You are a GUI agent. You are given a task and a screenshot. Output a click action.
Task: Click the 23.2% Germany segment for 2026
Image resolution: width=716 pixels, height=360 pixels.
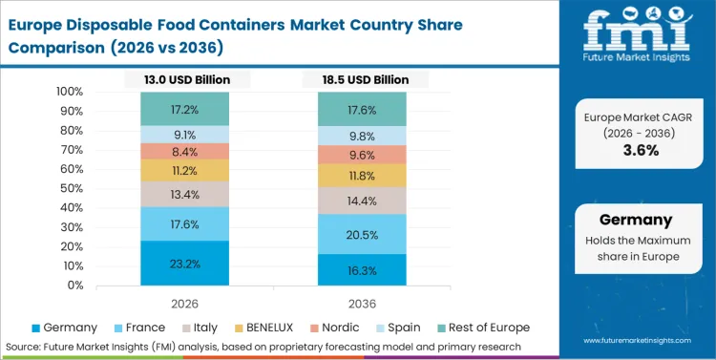185,262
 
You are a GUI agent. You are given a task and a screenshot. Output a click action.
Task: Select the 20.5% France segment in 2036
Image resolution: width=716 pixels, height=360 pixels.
362,234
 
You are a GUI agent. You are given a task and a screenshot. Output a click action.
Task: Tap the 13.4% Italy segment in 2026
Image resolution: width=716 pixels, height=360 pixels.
185,195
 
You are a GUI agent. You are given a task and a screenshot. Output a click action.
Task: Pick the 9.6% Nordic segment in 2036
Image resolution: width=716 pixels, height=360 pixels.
362,155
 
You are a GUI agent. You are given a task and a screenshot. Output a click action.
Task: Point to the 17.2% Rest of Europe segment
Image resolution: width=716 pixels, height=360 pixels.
185,109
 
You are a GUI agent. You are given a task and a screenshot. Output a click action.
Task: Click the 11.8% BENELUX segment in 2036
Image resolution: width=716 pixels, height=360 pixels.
362,176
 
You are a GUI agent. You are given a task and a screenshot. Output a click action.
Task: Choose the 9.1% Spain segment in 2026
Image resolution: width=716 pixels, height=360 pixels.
185,135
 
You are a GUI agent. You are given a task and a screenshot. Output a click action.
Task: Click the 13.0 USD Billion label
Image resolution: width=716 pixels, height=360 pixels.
185,79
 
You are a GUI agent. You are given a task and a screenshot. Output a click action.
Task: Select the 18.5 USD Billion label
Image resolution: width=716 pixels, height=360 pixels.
362,79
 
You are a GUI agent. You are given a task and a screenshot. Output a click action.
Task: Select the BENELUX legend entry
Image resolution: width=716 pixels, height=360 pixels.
268,327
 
